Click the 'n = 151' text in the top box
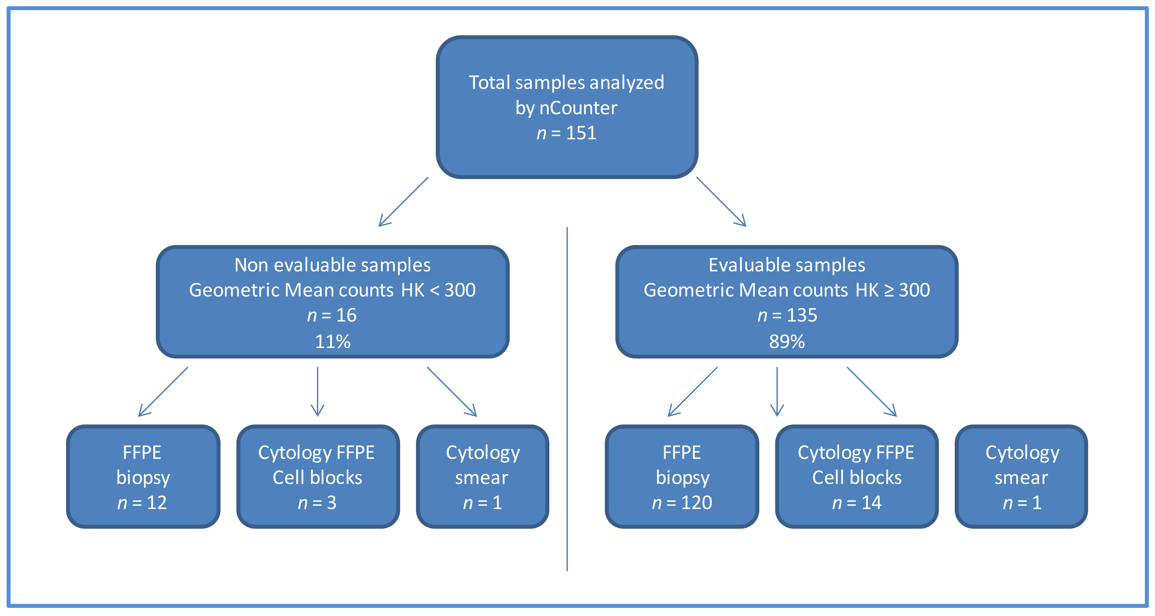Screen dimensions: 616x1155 pyautogui.click(x=566, y=133)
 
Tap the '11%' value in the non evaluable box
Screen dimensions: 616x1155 pyautogui.click(x=332, y=342)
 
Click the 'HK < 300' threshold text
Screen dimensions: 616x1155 pyautogui.click(x=438, y=290)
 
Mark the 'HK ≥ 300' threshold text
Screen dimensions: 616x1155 pyautogui.click(x=892, y=290)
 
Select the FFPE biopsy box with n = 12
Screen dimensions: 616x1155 pyautogui.click(x=143, y=477)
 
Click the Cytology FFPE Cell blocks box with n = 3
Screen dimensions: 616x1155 pyautogui.click(x=318, y=477)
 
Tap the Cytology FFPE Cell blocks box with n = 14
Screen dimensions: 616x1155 pyautogui.click(x=856, y=477)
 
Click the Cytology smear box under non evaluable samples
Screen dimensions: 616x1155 pyautogui.click(x=483, y=477)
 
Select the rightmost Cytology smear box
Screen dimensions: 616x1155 pyautogui.click(x=1021, y=477)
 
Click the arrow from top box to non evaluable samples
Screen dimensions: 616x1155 pyautogui.click(x=404, y=202)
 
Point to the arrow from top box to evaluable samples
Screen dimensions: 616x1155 pyautogui.click(x=721, y=202)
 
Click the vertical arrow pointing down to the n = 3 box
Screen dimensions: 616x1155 pyautogui.click(x=318, y=391)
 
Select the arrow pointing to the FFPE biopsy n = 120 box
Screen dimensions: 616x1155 pyautogui.click(x=693, y=391)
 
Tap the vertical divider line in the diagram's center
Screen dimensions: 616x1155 pyautogui.click(x=567, y=399)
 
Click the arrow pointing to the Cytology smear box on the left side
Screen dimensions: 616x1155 pyautogui.click(x=452, y=391)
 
